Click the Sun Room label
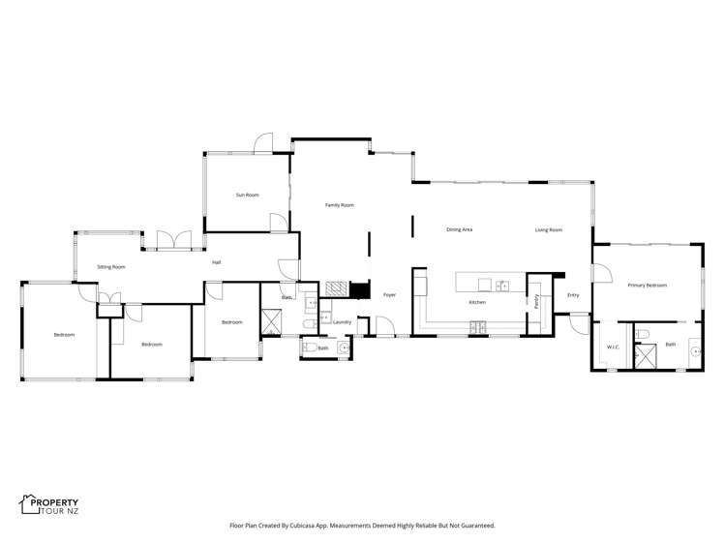click(247, 196)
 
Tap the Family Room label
click(339, 205)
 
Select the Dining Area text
click(459, 229)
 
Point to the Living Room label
click(549, 229)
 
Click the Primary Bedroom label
click(647, 286)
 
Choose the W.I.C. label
click(612, 347)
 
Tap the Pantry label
click(534, 301)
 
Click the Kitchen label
click(477, 303)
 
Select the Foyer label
click(389, 294)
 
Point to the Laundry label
click(341, 321)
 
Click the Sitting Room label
click(111, 266)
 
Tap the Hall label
click(217, 261)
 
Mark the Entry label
click(572, 294)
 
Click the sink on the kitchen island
click(502, 285)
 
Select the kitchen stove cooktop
click(478, 328)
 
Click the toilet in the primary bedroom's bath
click(643, 334)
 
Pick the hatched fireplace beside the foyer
click(336, 287)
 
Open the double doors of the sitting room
click(173, 239)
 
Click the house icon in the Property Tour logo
click(28, 503)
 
